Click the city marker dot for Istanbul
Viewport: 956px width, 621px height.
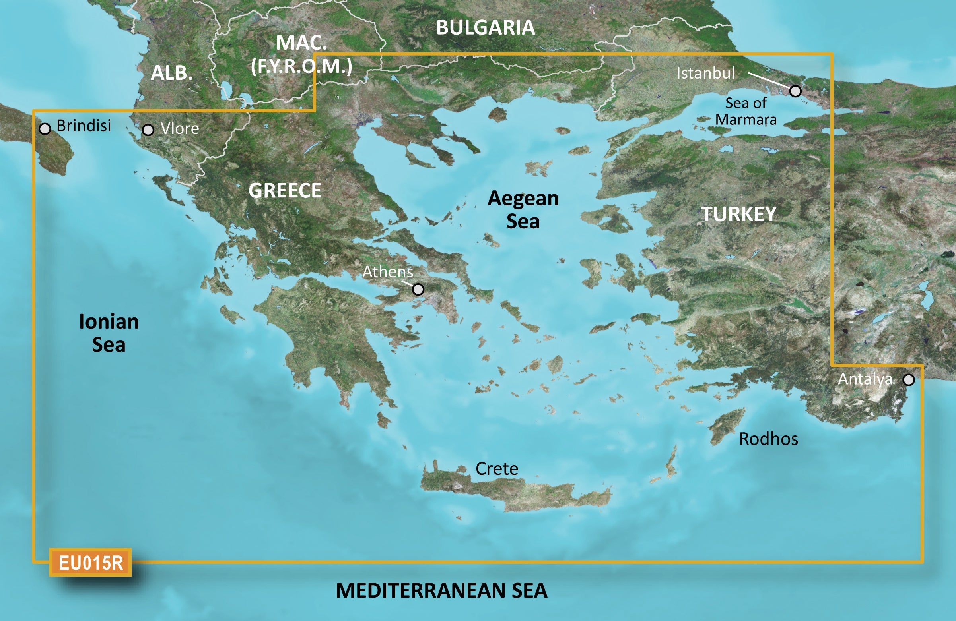[795, 91]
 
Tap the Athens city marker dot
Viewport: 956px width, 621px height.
[418, 289]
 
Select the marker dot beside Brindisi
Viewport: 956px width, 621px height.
[45, 129]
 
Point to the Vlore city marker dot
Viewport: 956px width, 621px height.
[148, 130]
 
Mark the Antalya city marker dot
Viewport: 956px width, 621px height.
[909, 380]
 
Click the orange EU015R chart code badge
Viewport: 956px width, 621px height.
[90, 563]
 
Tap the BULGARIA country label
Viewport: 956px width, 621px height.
[485, 28]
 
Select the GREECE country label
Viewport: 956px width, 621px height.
[285, 190]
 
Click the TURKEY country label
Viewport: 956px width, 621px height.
[739, 214]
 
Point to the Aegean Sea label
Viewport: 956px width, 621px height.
[523, 209]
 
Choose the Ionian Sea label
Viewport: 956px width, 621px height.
[109, 333]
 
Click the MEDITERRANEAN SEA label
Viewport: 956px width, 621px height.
[441, 590]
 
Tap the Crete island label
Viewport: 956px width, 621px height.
[496, 469]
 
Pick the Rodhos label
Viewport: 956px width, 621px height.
[768, 439]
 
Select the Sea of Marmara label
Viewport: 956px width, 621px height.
[746, 111]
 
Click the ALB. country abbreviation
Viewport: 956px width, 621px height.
[171, 73]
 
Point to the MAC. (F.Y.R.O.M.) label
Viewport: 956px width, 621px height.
[301, 54]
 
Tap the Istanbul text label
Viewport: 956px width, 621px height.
[705, 73]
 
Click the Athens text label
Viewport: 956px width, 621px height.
[387, 272]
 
